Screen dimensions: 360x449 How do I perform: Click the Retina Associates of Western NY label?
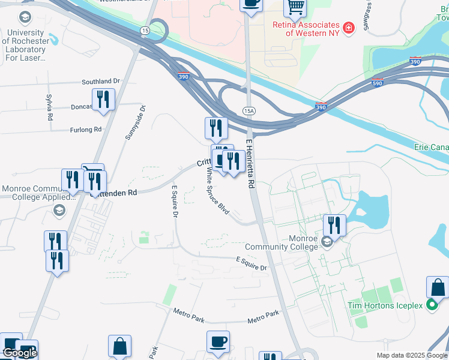(x=306, y=29)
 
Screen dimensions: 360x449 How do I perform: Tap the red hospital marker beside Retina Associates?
(x=348, y=26)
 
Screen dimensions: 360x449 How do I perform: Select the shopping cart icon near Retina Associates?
(x=295, y=7)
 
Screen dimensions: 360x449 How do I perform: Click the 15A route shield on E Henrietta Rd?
(x=249, y=111)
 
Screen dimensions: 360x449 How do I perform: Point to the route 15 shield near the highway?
(x=145, y=29)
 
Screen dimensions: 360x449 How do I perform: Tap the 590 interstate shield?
(x=378, y=82)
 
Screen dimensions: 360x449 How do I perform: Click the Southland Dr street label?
(x=101, y=81)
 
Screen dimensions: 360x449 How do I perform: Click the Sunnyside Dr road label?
(x=135, y=123)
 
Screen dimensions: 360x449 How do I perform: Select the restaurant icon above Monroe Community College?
(x=334, y=225)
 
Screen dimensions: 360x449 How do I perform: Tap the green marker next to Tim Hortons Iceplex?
(x=432, y=305)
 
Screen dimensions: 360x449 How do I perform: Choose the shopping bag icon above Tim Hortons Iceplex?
(x=437, y=287)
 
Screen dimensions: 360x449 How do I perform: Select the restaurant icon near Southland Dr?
(x=103, y=100)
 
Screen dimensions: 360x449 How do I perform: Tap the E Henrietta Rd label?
(x=250, y=162)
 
